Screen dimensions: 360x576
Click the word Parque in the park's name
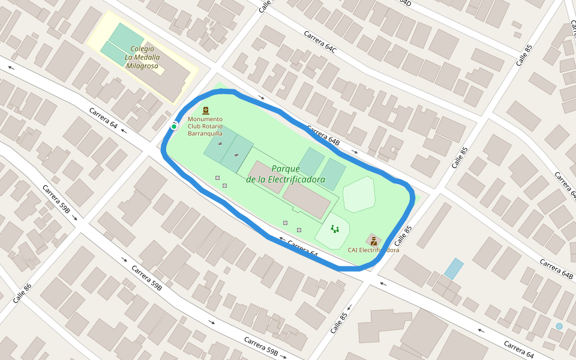point(286,169)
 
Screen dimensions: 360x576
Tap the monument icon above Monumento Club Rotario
point(206,110)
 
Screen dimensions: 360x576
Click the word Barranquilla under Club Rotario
point(205,133)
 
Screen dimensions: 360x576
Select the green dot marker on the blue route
point(174,127)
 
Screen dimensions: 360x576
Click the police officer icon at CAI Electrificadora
point(374,241)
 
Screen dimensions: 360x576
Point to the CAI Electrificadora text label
point(373,250)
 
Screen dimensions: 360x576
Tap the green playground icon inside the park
point(335,229)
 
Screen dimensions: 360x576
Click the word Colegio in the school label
point(142,49)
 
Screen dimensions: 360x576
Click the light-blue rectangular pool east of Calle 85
point(454,268)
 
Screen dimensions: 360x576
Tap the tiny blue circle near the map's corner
point(559,326)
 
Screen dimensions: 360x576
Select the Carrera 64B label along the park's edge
point(323,135)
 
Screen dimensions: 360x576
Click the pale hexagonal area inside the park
point(359,194)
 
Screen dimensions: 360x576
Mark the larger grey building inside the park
point(307,200)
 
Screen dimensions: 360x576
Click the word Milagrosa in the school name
point(142,66)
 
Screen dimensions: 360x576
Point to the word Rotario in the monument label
point(212,126)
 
